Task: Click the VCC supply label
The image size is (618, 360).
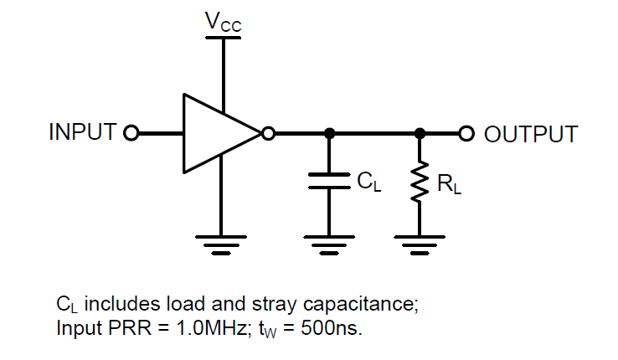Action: pyautogui.click(x=223, y=23)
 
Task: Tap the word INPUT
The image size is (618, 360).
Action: pyautogui.click(x=82, y=132)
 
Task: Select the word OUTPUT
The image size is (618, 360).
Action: pyautogui.click(x=531, y=134)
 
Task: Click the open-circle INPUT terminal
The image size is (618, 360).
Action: pyautogui.click(x=130, y=132)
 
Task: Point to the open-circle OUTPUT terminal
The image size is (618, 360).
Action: pyautogui.click(x=466, y=132)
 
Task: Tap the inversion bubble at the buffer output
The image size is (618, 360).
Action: pyautogui.click(x=268, y=132)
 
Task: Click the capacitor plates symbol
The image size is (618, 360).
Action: pyautogui.click(x=329, y=181)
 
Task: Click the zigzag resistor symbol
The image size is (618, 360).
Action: pyautogui.click(x=420, y=183)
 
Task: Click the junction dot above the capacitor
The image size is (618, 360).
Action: pyautogui.click(x=329, y=132)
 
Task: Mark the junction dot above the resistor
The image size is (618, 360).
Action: pyautogui.click(x=420, y=132)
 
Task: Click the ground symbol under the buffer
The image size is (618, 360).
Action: pyautogui.click(x=222, y=244)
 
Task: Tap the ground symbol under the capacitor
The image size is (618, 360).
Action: pyautogui.click(x=329, y=244)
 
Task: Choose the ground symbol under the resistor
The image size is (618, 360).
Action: pyautogui.click(x=420, y=244)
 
